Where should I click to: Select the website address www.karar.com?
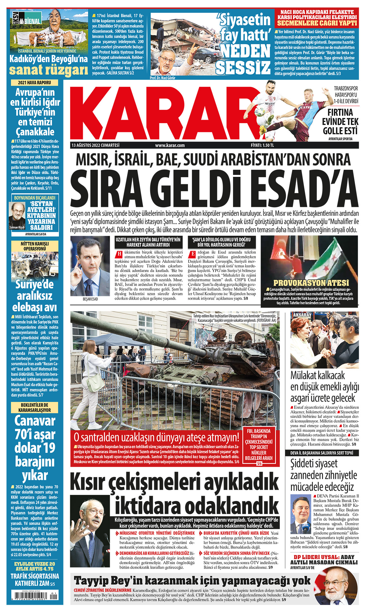pos(170,146)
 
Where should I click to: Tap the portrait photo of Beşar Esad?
pos(90,266)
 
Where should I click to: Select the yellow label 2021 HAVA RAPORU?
pos(34,83)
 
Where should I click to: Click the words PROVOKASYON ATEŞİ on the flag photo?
pos(311,283)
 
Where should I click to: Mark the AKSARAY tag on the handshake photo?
pos(302,315)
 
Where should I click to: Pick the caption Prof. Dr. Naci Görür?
pos(163,78)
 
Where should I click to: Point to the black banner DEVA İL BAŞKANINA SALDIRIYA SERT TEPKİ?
pos(322,453)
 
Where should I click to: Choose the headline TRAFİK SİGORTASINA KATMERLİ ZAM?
pos(34,580)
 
